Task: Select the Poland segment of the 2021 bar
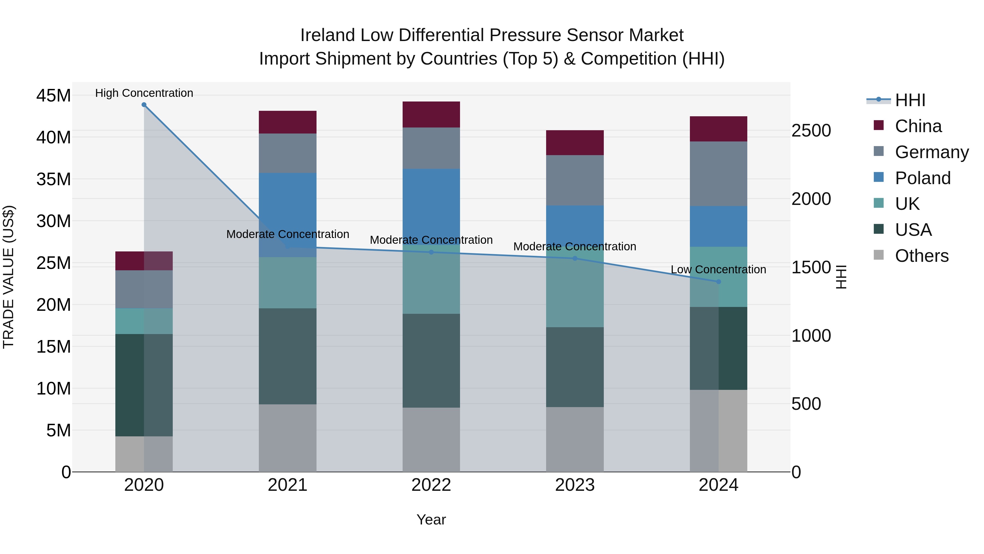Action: [x=288, y=207]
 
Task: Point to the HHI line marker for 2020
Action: [x=144, y=105]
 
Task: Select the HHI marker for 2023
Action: [x=575, y=259]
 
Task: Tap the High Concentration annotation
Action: [x=144, y=93]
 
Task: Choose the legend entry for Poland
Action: [x=922, y=178]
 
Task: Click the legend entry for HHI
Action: [x=910, y=100]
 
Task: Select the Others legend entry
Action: [x=921, y=256]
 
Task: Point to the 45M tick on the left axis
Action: [x=54, y=95]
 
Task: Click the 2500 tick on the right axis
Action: [x=811, y=131]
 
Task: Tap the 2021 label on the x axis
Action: [x=288, y=485]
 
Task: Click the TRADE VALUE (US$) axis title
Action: [x=9, y=277]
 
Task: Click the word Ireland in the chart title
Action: [x=328, y=35]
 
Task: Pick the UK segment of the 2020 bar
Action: [x=144, y=321]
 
